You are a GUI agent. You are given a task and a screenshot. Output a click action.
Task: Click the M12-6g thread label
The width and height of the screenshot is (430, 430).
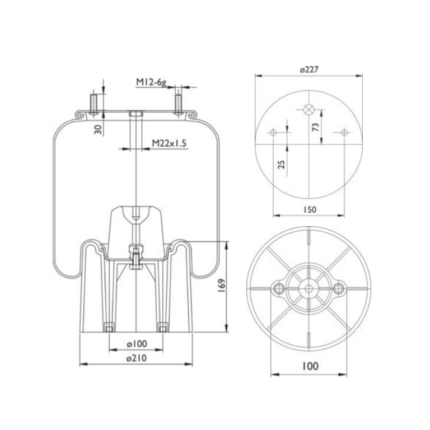click(151, 82)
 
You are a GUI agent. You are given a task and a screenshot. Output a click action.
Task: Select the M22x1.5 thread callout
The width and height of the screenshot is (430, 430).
click(169, 143)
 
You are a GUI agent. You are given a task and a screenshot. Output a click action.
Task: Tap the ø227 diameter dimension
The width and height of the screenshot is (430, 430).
click(309, 69)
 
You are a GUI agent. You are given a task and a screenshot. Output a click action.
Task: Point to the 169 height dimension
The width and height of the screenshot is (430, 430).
click(222, 285)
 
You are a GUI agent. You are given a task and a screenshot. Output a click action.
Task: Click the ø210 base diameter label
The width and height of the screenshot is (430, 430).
click(137, 358)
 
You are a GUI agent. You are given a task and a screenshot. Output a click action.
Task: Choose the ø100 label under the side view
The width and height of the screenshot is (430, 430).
click(137, 343)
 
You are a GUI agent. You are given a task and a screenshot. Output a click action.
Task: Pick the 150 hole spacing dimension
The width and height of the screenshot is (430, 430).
click(310, 209)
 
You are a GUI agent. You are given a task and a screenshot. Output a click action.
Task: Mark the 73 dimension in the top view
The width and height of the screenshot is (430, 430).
click(316, 127)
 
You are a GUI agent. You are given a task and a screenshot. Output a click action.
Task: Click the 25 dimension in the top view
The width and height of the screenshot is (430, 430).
click(282, 164)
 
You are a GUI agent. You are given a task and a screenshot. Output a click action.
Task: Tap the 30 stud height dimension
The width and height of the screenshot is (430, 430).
click(98, 129)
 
